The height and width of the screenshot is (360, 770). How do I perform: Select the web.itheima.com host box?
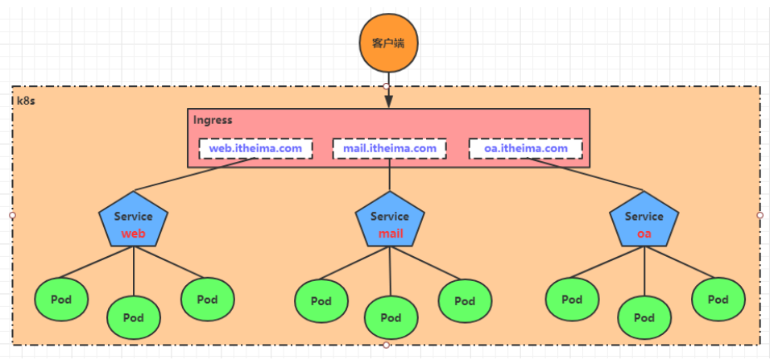tap(255, 148)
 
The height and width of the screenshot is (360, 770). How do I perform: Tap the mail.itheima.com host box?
tap(389, 148)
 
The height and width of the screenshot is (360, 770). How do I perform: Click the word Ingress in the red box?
tap(213, 120)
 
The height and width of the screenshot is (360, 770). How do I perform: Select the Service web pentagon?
tap(134, 222)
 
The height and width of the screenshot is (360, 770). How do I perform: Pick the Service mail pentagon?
tap(390, 222)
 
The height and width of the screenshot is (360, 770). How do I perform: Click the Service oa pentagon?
tap(644, 222)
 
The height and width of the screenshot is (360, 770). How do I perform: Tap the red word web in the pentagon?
tap(134, 234)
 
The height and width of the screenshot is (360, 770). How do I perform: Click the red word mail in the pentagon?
tap(391, 234)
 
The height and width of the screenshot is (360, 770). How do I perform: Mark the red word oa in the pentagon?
tap(644, 234)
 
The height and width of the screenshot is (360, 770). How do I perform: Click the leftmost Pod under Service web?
tap(61, 300)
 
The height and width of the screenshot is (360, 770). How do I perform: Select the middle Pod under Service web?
tap(134, 317)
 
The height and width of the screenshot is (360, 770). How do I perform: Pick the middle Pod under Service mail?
tap(391, 317)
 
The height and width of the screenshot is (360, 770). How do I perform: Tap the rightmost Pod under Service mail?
tap(465, 301)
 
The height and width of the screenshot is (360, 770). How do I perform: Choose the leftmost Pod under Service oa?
tap(572, 300)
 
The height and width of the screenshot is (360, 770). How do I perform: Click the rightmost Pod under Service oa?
tap(718, 300)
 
